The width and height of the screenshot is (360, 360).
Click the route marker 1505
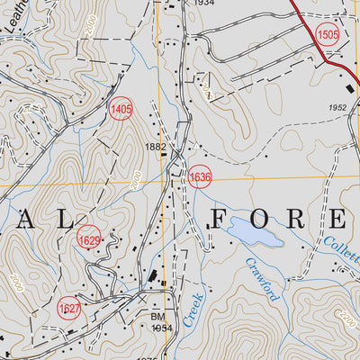[x=328, y=34]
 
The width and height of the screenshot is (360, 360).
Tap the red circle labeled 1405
[x=120, y=109]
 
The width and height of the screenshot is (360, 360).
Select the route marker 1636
[x=200, y=177]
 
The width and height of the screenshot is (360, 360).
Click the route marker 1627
[x=68, y=309]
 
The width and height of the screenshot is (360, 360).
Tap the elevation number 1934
[x=204, y=4]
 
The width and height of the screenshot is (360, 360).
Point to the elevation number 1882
[x=156, y=146]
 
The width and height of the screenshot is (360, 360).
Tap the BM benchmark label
[x=157, y=318]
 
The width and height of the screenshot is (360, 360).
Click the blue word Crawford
[x=263, y=280]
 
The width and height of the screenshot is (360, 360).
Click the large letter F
[x=221, y=218]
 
